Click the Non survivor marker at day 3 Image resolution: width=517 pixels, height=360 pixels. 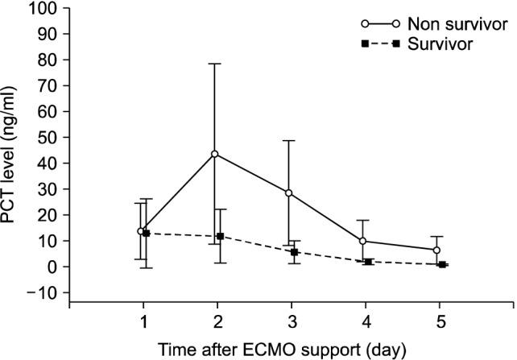[x=288, y=193]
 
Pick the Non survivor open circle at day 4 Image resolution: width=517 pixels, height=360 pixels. [x=362, y=241]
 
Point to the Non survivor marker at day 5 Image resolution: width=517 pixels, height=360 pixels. [x=436, y=250]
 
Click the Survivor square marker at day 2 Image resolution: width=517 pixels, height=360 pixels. [x=220, y=237]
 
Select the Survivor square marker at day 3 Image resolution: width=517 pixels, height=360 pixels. [x=294, y=252]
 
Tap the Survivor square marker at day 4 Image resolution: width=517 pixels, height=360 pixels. [x=368, y=262]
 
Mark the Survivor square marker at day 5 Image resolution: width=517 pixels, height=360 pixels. [x=442, y=264]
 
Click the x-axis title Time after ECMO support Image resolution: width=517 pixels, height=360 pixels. [x=289, y=349]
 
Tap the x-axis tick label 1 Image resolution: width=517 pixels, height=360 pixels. [x=143, y=321]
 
